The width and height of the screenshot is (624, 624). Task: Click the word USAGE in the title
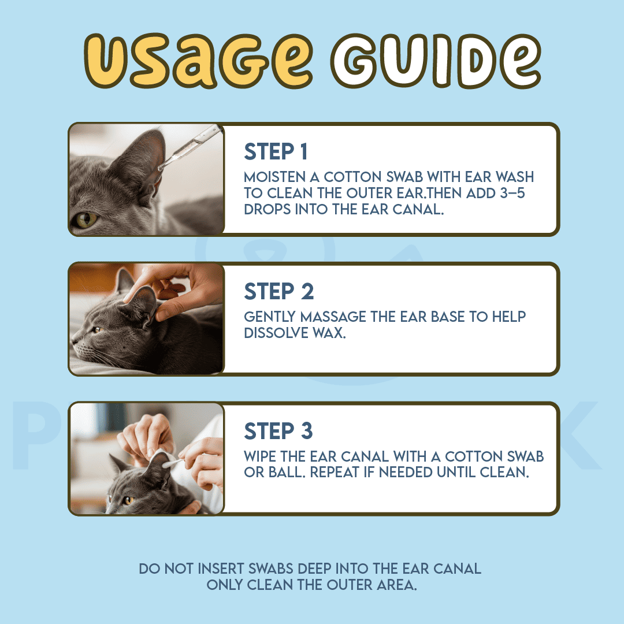click(x=198, y=61)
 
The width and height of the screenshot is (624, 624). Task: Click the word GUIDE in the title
click(x=436, y=61)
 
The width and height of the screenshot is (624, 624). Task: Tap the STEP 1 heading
click(x=276, y=151)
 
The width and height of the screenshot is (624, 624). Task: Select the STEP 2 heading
click(x=279, y=291)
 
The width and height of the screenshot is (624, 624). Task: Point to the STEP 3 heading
click(x=278, y=431)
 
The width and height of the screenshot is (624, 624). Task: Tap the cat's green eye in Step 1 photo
click(x=86, y=220)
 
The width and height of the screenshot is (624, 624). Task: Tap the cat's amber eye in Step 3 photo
click(x=128, y=500)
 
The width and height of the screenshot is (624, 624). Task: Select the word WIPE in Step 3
click(x=260, y=456)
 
